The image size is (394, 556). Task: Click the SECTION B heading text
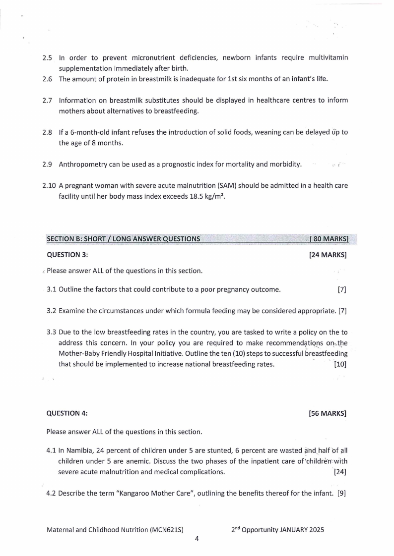tap(123, 239)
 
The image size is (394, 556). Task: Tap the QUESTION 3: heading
tap(67, 255)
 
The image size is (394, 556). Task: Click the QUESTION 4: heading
tap(67, 413)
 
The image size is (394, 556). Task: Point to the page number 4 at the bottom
tap(197, 539)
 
